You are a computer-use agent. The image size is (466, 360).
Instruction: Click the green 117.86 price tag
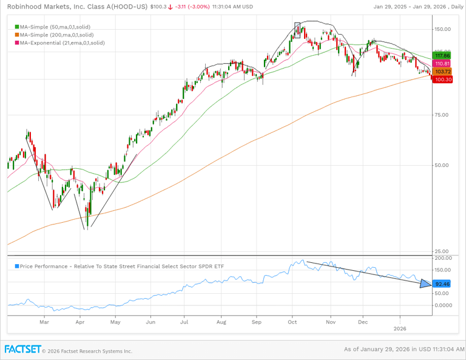point(441,55)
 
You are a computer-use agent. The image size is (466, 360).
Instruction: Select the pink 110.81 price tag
point(441,64)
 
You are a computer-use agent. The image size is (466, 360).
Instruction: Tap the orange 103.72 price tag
point(441,72)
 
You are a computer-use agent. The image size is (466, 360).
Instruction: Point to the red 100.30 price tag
point(441,80)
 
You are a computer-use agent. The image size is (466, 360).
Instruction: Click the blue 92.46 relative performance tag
point(442,284)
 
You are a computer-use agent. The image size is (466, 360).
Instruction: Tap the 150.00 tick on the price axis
point(442,29)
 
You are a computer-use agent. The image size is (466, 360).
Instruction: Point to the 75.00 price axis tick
point(442,115)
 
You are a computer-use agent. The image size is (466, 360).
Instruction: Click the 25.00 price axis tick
point(442,251)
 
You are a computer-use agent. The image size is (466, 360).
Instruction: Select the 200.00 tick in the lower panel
point(442,258)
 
